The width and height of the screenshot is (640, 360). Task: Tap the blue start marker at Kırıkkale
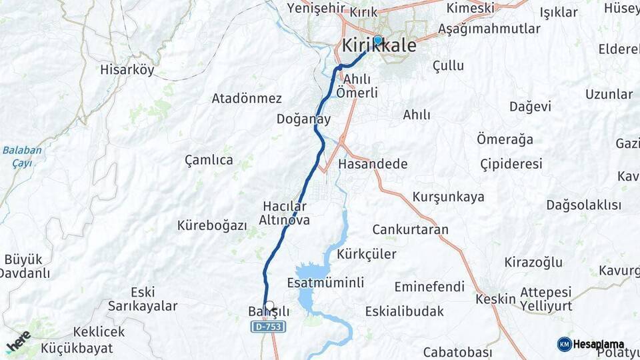pyautogui.click(x=377, y=40)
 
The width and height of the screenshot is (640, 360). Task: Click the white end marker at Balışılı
pyautogui.click(x=269, y=306)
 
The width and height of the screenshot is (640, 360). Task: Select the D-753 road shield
pyautogui.click(x=268, y=327)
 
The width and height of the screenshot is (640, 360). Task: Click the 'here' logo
pyautogui.click(x=18, y=340)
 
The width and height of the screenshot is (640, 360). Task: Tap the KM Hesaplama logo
pyautogui.click(x=591, y=344)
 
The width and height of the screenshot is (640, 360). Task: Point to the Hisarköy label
pyautogui.click(x=127, y=69)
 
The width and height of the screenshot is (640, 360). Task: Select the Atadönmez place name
pyautogui.click(x=247, y=98)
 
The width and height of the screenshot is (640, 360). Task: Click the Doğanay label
pyautogui.click(x=304, y=119)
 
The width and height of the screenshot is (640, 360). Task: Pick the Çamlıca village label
pyautogui.click(x=209, y=160)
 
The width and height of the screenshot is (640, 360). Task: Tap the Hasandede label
pyautogui.click(x=373, y=164)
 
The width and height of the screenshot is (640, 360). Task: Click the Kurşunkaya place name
pyautogui.click(x=448, y=197)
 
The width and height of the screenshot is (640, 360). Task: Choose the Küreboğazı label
pyautogui.click(x=212, y=225)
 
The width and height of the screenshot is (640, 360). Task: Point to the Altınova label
pyautogui.click(x=284, y=219)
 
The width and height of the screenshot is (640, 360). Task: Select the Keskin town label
pyautogui.click(x=495, y=299)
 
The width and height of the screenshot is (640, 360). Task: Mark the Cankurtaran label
pyautogui.click(x=410, y=229)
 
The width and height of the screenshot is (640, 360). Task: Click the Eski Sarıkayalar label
pyautogui.click(x=143, y=299)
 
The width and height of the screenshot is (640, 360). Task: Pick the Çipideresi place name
pyautogui.click(x=511, y=164)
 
